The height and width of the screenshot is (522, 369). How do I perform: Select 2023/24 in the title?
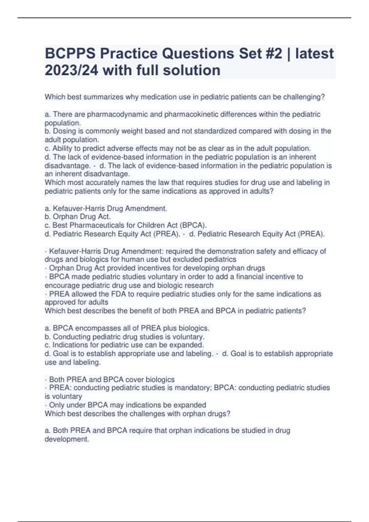[x=71, y=70]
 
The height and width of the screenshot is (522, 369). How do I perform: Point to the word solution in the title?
[x=192, y=70]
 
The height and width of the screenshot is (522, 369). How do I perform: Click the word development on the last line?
[x=66, y=439]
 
